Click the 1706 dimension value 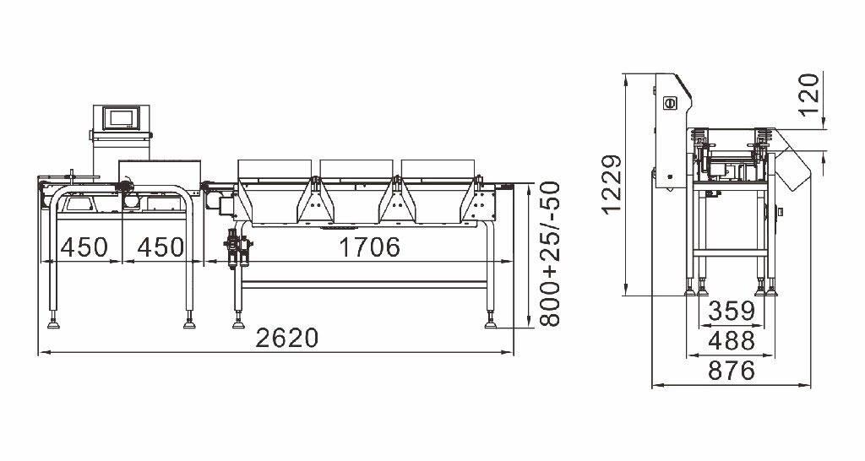point(369,247)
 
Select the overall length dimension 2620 point(287,338)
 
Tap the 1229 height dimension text point(612,184)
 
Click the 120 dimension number point(810,95)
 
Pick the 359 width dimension point(732,311)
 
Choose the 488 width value point(732,341)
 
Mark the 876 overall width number point(732,371)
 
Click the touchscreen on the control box point(122,118)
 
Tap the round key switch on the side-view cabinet point(670,103)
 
